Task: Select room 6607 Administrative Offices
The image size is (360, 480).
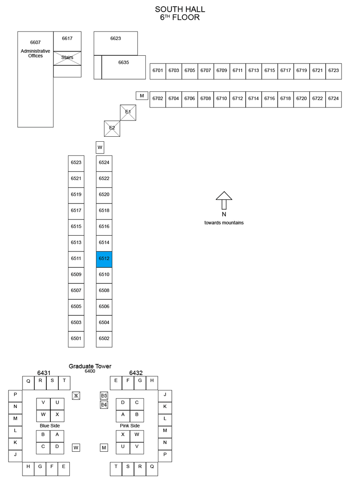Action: [x=35, y=79]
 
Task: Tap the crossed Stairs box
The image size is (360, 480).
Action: [x=67, y=58]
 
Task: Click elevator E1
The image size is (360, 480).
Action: [x=128, y=112]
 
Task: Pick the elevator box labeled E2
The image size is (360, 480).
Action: [x=112, y=129]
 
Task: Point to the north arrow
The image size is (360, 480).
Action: [x=224, y=200]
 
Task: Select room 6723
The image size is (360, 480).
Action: [x=333, y=72]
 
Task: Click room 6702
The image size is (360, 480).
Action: [x=157, y=99]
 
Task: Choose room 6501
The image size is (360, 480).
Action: [x=76, y=339]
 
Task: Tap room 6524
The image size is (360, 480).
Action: [x=104, y=163]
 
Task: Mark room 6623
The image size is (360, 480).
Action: [x=116, y=43]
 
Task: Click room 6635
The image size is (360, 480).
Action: [x=124, y=67]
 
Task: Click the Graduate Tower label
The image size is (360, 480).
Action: [x=90, y=366]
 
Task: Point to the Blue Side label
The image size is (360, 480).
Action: [x=49, y=426]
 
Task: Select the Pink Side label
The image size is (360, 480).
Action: [x=130, y=426]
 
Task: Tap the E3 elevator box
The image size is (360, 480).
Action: [x=104, y=396]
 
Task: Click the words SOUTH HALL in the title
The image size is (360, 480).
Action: [x=180, y=9]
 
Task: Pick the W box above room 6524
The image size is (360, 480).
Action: [x=100, y=147]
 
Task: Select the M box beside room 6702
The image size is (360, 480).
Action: [x=142, y=96]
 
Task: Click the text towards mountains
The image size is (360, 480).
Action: [x=224, y=223]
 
